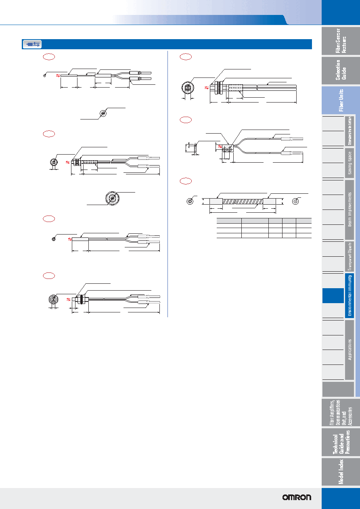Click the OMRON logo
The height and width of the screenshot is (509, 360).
point(297,497)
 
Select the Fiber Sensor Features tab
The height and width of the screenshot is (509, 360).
point(341,41)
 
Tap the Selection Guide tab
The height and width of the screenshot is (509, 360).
point(341,71)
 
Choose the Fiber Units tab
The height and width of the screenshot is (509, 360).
point(341,100)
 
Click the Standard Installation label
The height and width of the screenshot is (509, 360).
point(350,131)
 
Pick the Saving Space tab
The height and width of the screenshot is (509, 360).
point(350,163)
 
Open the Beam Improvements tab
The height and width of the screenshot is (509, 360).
point(350,209)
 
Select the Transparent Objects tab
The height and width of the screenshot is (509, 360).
point(350,256)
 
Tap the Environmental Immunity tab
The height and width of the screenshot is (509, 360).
point(350,295)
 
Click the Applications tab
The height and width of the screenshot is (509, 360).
point(350,350)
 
